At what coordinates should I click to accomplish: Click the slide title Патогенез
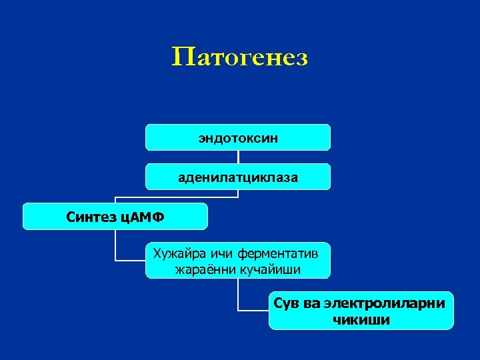pyautogui.click(x=239, y=57)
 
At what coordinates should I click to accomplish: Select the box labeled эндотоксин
pyautogui.click(x=238, y=138)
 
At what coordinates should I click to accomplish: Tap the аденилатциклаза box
pyautogui.click(x=238, y=177)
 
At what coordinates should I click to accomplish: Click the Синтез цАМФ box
pyautogui.click(x=115, y=217)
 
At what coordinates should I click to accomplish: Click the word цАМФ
pyautogui.click(x=141, y=217)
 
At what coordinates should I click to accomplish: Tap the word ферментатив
pyautogui.click(x=280, y=253)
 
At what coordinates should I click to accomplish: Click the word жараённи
pyautogui.click(x=201, y=269)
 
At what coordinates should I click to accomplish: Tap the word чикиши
pyautogui.click(x=361, y=320)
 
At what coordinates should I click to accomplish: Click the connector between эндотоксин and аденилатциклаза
pyautogui.click(x=238, y=157)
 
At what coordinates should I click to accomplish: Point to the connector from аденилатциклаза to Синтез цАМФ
pyautogui.click(x=173, y=197)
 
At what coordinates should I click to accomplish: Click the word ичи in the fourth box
pyautogui.click(x=215, y=253)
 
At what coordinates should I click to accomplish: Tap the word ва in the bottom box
pyautogui.click(x=311, y=303)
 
